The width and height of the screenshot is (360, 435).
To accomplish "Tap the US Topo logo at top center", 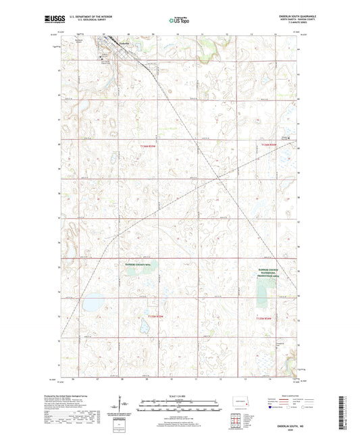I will (x=179, y=21).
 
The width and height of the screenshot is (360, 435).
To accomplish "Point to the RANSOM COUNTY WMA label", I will (x=139, y=265).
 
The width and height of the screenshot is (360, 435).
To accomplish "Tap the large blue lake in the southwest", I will (x=93, y=303).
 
